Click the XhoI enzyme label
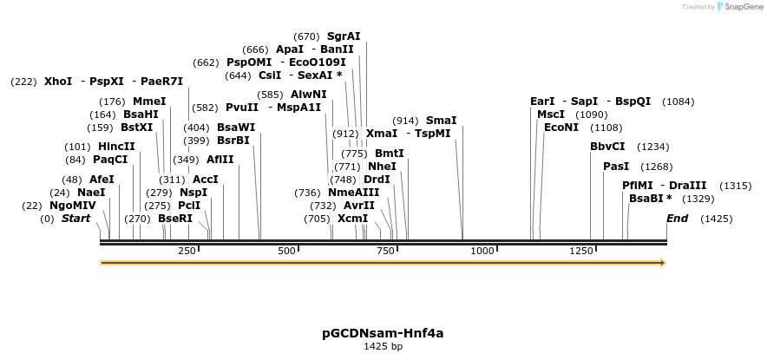pyautogui.click(x=58, y=82)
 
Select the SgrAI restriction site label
pyautogui.click(x=344, y=36)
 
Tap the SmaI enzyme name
pyautogui.click(x=441, y=121)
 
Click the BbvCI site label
pyautogui.click(x=607, y=147)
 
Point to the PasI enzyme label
pyautogui.click(x=615, y=167)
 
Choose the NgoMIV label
pyautogui.click(x=73, y=206)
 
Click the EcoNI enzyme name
pyautogui.click(x=560, y=128)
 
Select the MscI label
pyautogui.click(x=551, y=115)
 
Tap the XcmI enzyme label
pyautogui.click(x=352, y=219)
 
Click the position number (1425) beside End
pyautogui.click(x=716, y=219)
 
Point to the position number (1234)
pyautogui.click(x=653, y=147)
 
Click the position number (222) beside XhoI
pyautogui.click(x=23, y=82)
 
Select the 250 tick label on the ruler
pyautogui.click(x=187, y=251)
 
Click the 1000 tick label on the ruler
pyautogui.click(x=482, y=251)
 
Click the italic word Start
pyautogui.click(x=75, y=219)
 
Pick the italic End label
pyautogui.click(x=677, y=219)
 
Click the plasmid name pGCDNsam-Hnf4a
pyautogui.click(x=383, y=332)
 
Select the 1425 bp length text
pyautogui.click(x=383, y=347)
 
